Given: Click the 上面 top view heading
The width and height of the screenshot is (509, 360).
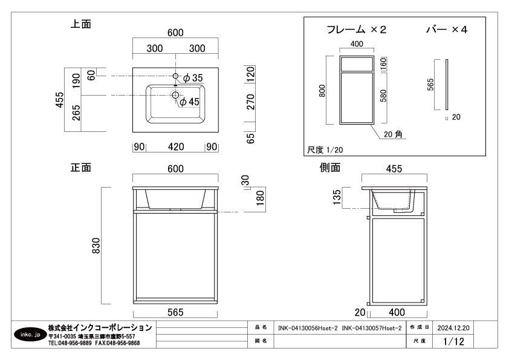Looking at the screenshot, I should pyautogui.click(x=81, y=25).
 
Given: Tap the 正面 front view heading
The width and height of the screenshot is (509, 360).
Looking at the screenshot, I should pyautogui.click(x=81, y=167).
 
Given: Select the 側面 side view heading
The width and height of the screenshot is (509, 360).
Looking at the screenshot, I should pyautogui.click(x=330, y=167).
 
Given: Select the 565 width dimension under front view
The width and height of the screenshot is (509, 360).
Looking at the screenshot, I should pyautogui.click(x=175, y=312).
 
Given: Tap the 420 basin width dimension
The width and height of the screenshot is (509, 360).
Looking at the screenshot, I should pyautogui.click(x=175, y=146).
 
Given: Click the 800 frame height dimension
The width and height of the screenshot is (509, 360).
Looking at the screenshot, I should pyautogui.click(x=322, y=91).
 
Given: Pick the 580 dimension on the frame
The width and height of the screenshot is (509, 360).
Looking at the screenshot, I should pyautogui.click(x=383, y=96).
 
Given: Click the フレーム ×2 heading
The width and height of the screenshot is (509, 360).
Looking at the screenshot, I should pyautogui.click(x=356, y=30).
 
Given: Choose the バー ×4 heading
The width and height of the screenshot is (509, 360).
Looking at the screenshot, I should pyautogui.click(x=447, y=30).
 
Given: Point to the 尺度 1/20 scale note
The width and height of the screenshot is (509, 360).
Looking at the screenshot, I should pyautogui.click(x=325, y=149).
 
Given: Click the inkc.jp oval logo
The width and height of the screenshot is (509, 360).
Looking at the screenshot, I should pyautogui.click(x=30, y=334).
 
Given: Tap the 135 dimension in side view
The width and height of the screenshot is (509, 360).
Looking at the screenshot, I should pyautogui.click(x=337, y=197).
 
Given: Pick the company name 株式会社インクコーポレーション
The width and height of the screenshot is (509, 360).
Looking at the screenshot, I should pyautogui.click(x=100, y=327).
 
